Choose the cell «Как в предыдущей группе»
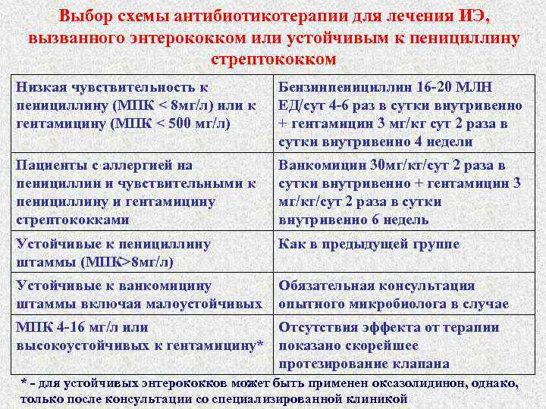[x=369, y=244]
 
